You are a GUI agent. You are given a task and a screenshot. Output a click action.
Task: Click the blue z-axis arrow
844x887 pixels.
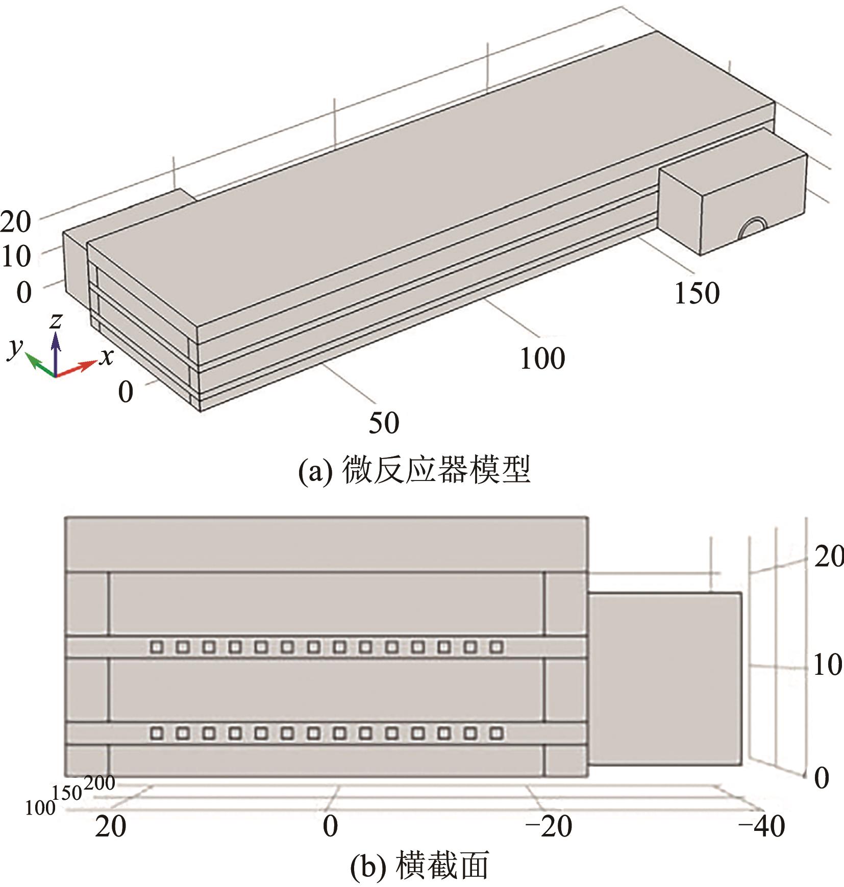[x=56, y=352]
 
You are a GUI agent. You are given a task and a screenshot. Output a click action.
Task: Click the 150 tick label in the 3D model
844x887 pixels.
[x=697, y=293]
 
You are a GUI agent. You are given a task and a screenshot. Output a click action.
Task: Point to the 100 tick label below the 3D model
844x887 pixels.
[x=542, y=358]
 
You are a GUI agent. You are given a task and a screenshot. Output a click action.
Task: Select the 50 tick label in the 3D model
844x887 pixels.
[x=384, y=422]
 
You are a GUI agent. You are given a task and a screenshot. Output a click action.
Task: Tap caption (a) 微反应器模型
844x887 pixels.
[x=414, y=470]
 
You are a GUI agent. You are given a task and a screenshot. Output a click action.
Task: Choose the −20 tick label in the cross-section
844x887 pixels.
[x=549, y=826]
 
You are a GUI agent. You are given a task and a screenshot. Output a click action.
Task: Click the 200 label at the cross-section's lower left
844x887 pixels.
[x=100, y=782]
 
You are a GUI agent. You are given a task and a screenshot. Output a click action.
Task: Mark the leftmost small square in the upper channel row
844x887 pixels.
[x=157, y=647]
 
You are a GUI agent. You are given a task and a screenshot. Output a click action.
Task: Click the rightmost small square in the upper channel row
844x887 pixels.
[x=496, y=647]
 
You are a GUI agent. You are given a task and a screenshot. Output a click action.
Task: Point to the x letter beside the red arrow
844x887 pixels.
[x=106, y=357]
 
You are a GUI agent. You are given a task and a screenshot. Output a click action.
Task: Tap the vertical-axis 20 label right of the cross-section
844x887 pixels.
[x=828, y=556]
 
